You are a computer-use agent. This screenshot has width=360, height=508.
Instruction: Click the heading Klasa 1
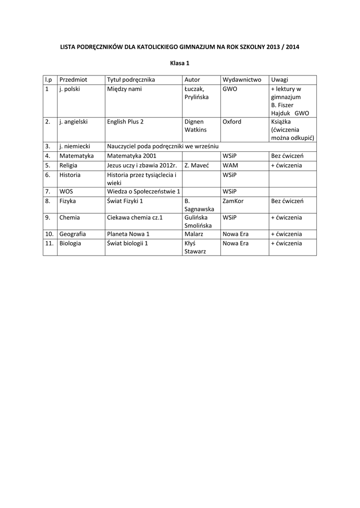pos(180,63)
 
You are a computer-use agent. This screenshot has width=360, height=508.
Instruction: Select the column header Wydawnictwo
pos(242,80)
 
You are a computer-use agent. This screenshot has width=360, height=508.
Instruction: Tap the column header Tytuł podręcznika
pos(131,80)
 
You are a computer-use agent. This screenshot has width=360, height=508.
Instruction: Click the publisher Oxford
pos(232,122)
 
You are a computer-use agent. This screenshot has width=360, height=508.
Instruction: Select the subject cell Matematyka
pos(76,156)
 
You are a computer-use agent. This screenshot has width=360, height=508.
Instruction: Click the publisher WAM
pos(230,165)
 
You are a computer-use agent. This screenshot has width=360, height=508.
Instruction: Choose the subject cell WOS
pos(66,191)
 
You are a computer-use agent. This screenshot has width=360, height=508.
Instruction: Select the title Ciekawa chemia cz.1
pos(135,217)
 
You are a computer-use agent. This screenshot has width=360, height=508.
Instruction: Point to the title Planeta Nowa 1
pos(128,234)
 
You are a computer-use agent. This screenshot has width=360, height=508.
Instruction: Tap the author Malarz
pos(194,234)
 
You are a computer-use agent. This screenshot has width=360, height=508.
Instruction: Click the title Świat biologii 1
pos(128,244)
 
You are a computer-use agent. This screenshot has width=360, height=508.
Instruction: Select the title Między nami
pos(125,89)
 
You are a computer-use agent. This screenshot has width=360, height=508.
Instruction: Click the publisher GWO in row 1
pos(230,89)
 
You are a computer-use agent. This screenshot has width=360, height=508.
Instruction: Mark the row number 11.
pos(49,244)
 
